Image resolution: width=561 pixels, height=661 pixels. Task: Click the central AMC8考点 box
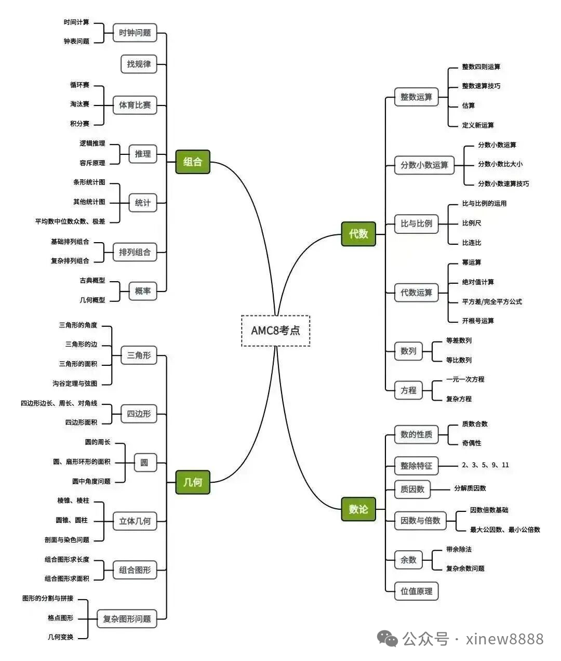point(275,330)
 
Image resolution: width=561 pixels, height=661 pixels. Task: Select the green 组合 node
point(193,162)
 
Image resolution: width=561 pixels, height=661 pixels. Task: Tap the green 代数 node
point(358,234)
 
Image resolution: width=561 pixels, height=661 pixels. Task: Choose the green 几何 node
point(193,482)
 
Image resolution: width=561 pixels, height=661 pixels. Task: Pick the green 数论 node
point(358,509)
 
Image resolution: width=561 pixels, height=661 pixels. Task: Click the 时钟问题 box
point(135,33)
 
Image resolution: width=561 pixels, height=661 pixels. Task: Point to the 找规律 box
point(139,64)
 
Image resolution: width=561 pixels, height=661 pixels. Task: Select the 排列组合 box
point(135,252)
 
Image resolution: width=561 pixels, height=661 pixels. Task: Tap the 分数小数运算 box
point(424,165)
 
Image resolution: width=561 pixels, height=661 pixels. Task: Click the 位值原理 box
point(416,591)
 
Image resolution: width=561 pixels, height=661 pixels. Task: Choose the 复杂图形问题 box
point(127,618)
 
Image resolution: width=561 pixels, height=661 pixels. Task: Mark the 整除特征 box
point(416,466)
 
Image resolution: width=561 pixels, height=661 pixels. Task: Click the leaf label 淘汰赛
point(80,104)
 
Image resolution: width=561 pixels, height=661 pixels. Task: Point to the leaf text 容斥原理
point(92,163)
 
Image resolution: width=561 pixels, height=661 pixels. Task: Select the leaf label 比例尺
point(472,223)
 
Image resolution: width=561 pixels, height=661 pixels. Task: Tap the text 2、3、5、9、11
point(485,465)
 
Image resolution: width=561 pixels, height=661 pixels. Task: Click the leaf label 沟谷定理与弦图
point(75,384)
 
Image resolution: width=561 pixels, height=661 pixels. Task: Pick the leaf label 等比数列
point(459,360)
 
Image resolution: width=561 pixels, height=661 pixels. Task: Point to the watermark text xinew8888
point(505,639)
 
